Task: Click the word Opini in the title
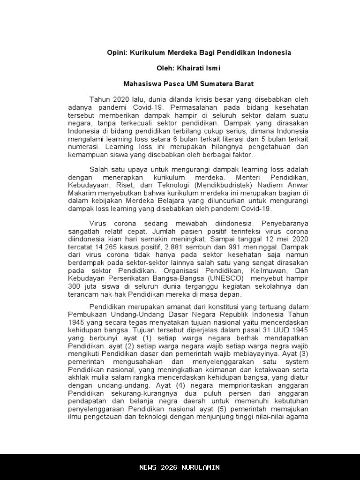click(x=116, y=52)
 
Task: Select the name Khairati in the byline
click(x=191, y=68)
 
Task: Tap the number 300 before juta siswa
click(x=74, y=286)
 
